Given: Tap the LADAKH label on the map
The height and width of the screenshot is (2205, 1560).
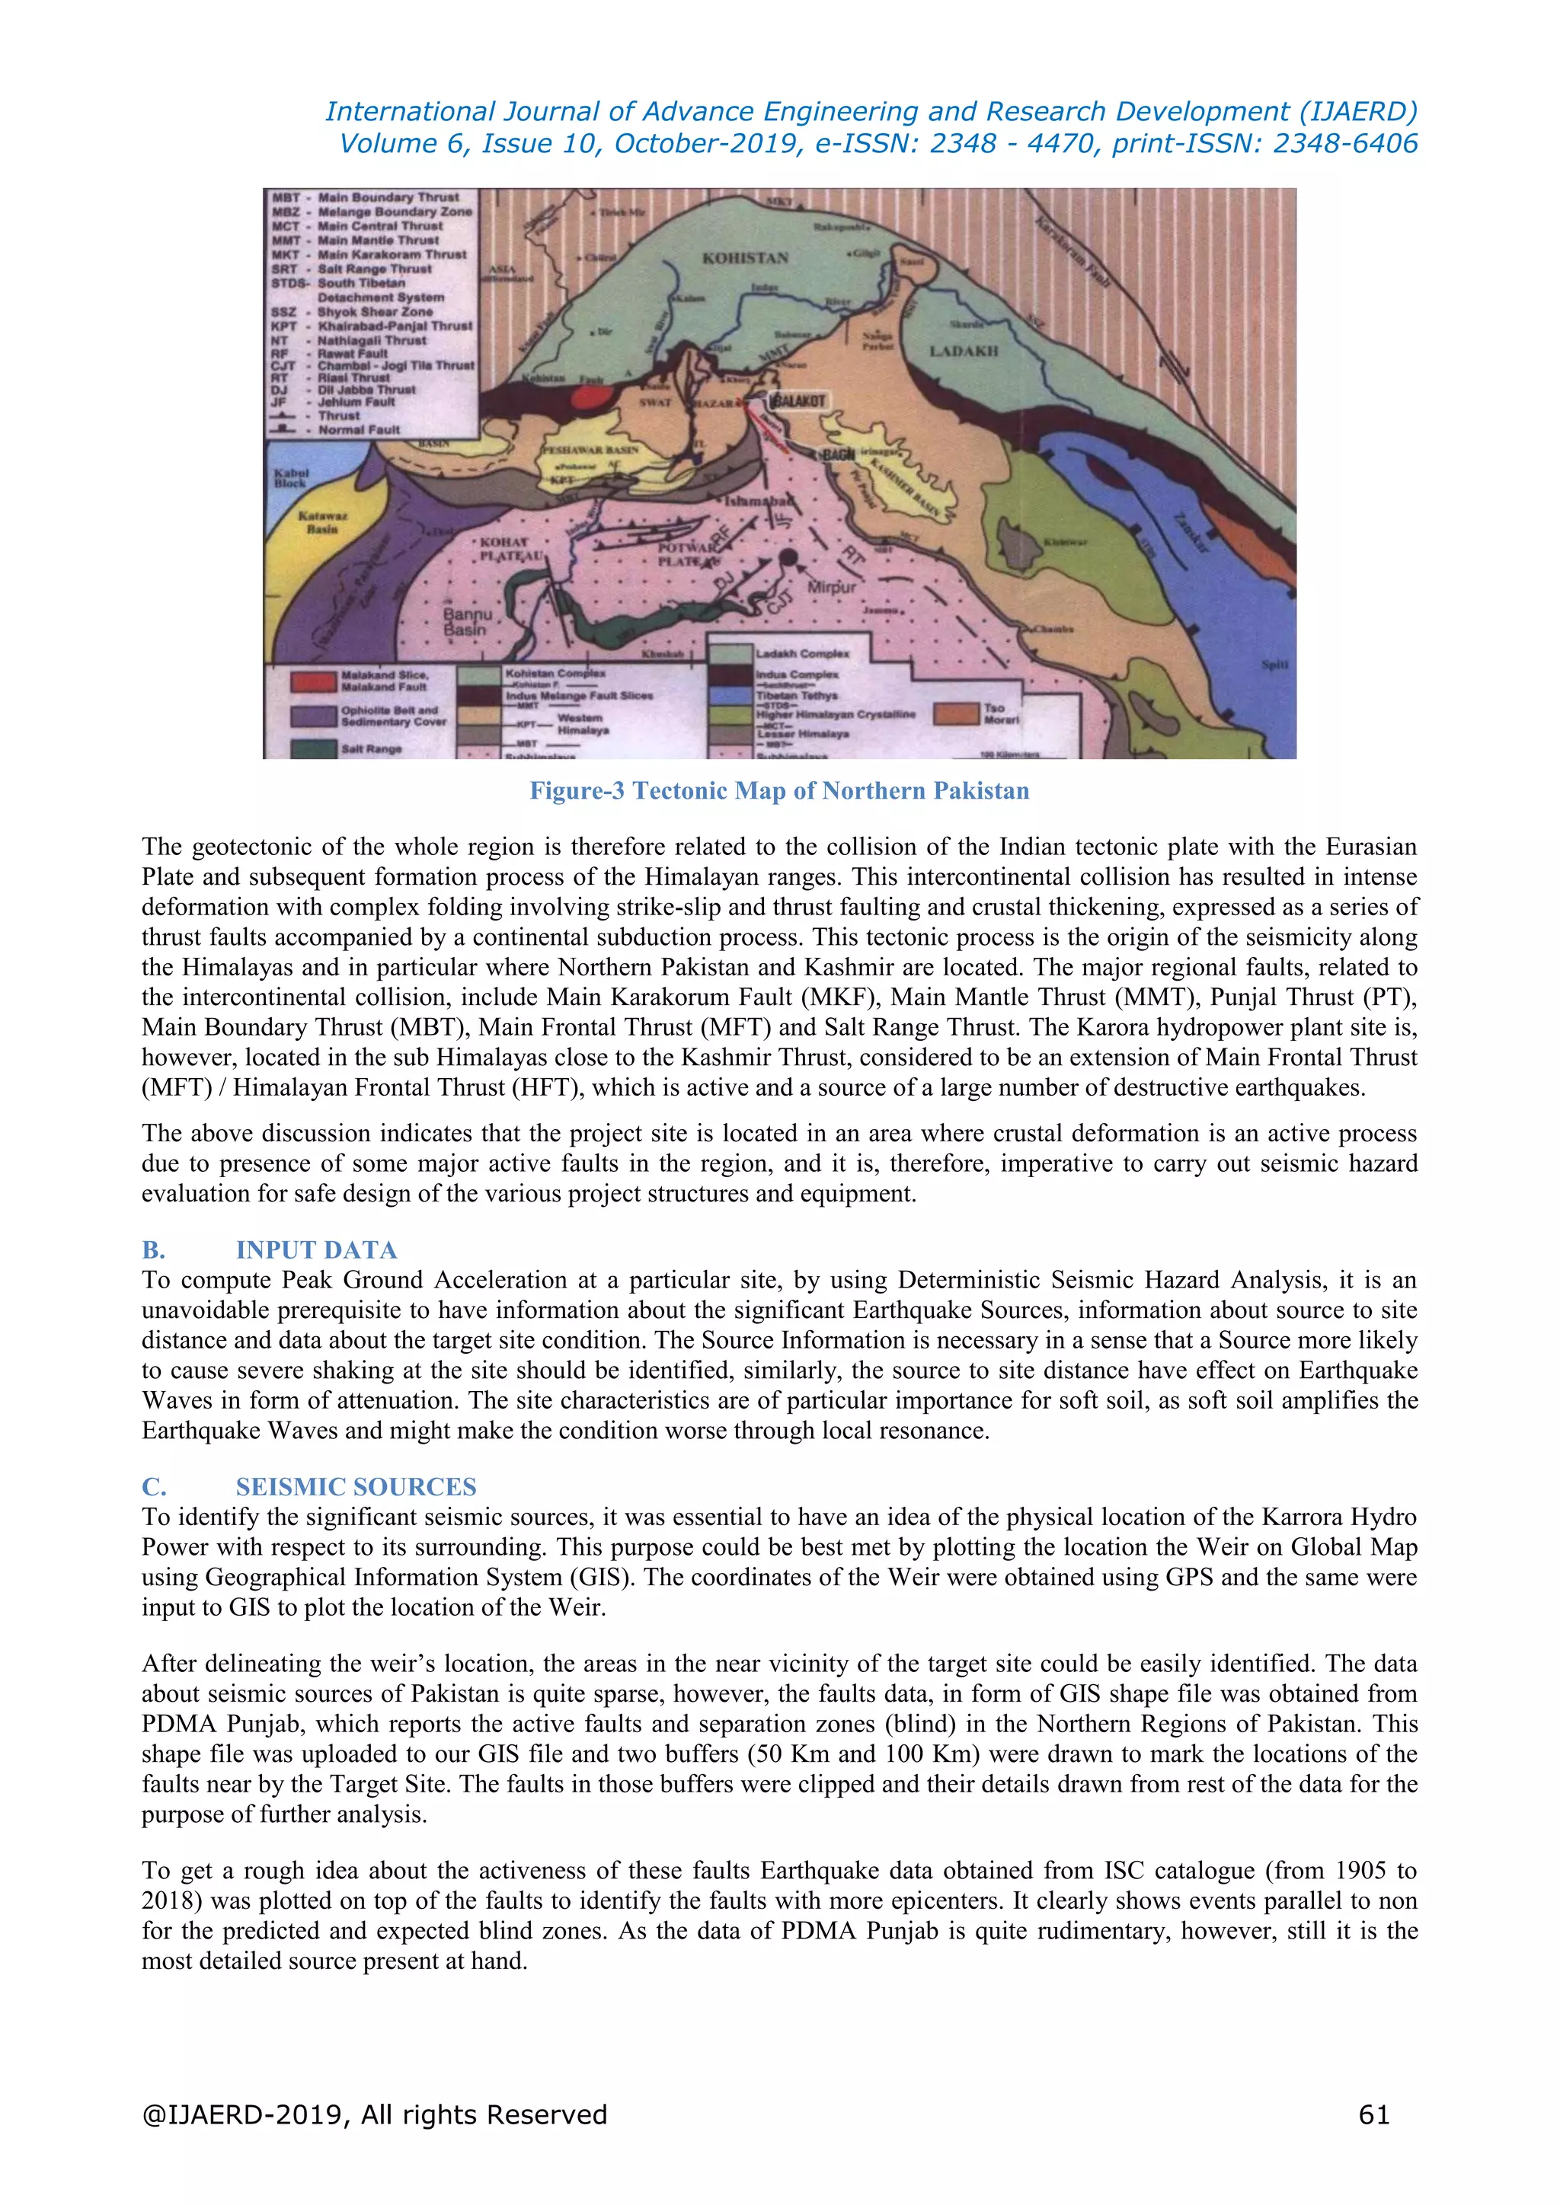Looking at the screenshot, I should [x=964, y=352].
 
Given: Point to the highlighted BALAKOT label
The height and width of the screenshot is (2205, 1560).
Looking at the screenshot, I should [x=798, y=400].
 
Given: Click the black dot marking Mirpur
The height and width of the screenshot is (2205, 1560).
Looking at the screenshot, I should [x=788, y=557].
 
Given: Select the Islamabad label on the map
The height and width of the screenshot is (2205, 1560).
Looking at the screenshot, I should [x=759, y=503].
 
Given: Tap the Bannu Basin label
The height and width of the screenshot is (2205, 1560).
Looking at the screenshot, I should [x=468, y=622].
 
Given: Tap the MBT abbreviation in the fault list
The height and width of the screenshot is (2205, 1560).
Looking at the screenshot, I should [x=286, y=197].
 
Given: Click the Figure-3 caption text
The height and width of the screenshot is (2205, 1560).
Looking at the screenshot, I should [x=779, y=790].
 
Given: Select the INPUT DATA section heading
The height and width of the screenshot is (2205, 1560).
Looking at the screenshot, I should [x=316, y=1249].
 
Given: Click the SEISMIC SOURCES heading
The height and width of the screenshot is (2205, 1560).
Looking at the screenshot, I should [x=356, y=1487].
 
